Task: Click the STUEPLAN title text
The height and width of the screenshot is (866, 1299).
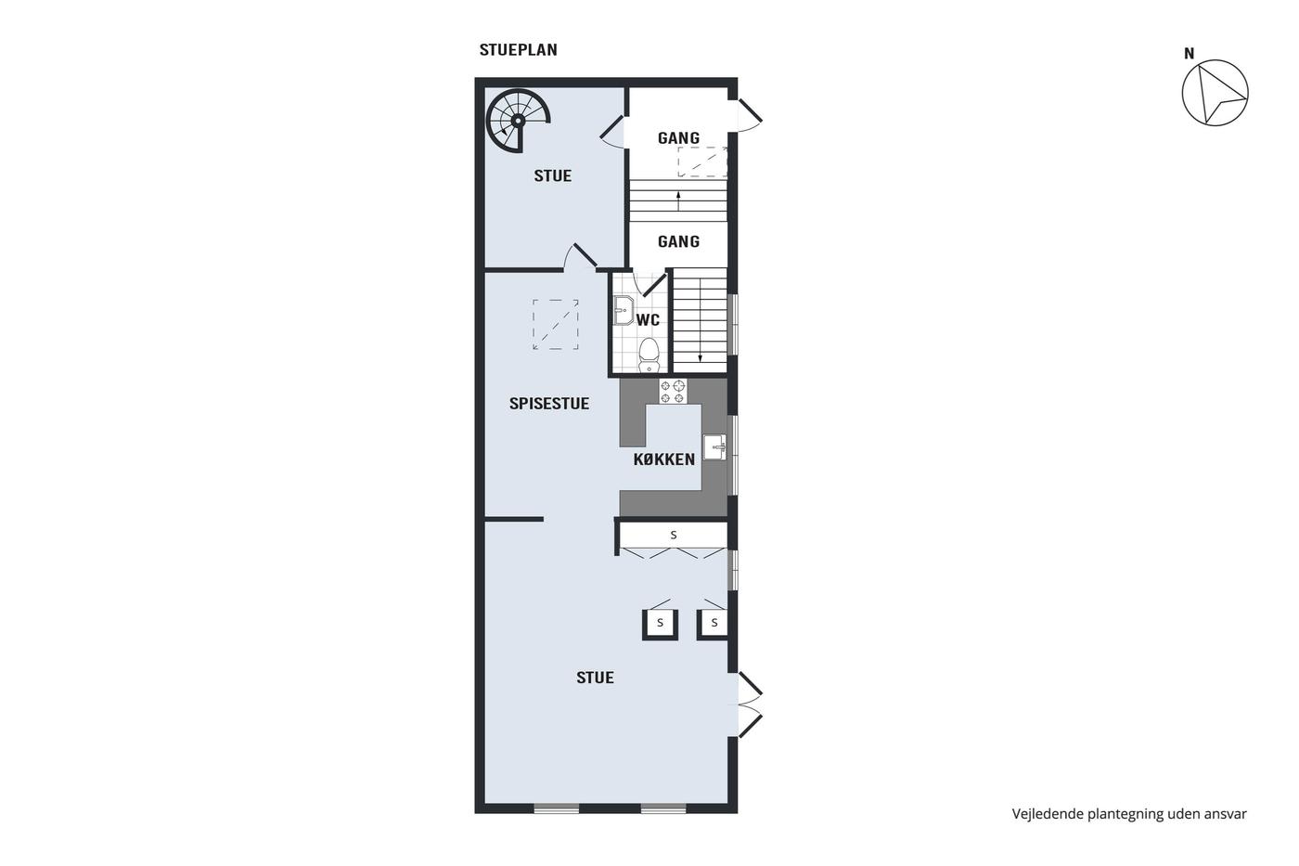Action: [518, 50]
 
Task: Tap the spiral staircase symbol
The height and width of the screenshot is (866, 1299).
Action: [518, 121]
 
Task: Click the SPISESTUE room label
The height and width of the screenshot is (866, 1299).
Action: [549, 404]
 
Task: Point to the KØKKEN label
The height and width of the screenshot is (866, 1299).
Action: [664, 459]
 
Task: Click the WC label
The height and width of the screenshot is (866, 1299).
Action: [648, 319]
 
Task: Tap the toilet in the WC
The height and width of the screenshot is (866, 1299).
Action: [649, 355]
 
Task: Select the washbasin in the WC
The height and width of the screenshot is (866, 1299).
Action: [623, 310]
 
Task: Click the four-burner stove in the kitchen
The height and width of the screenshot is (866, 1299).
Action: [673, 391]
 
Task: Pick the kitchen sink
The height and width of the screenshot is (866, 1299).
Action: [715, 447]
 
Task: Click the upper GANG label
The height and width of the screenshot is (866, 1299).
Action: [678, 138]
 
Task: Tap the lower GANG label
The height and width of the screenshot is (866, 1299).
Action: [678, 241]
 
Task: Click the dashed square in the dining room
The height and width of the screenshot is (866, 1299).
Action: [556, 324]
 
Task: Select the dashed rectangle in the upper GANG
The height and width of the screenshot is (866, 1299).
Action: [702, 162]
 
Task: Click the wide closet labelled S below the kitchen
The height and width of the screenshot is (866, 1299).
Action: [674, 535]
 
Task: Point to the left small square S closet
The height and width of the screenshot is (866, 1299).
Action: [660, 624]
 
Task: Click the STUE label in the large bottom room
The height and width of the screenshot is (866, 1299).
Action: [595, 678]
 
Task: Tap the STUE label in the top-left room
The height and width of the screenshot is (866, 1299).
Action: [553, 175]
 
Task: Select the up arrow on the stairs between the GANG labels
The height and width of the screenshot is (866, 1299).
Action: [678, 200]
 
